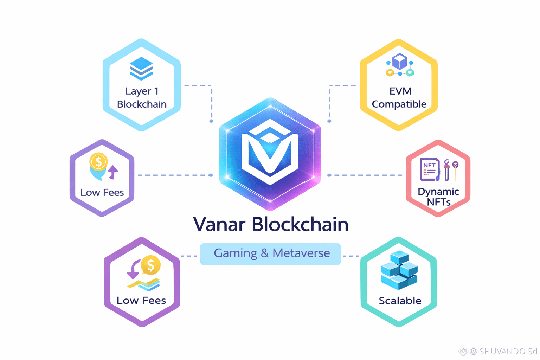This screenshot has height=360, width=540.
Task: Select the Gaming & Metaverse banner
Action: [270, 253]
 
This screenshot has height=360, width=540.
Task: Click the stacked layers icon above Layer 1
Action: [141, 68]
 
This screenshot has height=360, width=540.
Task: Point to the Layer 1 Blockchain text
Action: [142, 98]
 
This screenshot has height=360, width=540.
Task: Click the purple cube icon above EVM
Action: [400, 62]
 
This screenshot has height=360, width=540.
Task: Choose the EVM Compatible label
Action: [399, 98]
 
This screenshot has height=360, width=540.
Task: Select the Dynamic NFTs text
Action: [438, 197]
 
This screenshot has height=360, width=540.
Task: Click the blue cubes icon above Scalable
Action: [399, 270]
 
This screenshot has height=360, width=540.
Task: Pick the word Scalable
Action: [400, 301]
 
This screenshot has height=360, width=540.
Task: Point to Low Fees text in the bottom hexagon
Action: [141, 301]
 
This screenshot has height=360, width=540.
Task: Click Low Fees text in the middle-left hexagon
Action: [102, 193]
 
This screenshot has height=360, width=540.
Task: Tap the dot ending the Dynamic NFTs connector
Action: [329, 175]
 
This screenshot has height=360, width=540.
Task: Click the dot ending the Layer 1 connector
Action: [211, 121]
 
